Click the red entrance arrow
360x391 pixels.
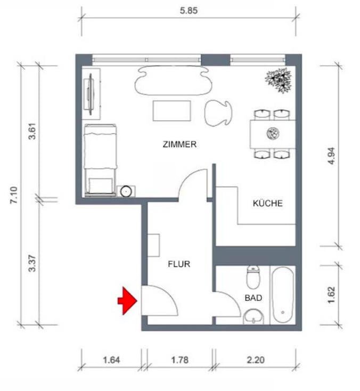[127, 300]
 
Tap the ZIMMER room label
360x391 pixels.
[179, 144]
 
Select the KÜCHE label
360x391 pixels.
[268, 203]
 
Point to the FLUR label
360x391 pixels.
[179, 264]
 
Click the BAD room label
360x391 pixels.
[253, 298]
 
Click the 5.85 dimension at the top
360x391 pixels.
[189, 11]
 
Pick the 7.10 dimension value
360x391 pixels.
[14, 195]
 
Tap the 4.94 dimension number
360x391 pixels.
[332, 156]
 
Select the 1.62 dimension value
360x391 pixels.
[331, 295]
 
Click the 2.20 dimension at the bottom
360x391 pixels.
[256, 360]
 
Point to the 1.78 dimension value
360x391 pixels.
[179, 360]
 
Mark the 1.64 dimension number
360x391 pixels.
[111, 360]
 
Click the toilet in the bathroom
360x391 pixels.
[253, 277]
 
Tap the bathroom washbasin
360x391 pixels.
[253, 317]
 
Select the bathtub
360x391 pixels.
[283, 295]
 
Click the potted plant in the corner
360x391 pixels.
[279, 80]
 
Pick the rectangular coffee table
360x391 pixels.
[172, 111]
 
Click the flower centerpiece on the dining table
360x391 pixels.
[273, 134]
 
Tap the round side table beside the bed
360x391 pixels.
[126, 192]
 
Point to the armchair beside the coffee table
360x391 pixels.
[217, 113]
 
